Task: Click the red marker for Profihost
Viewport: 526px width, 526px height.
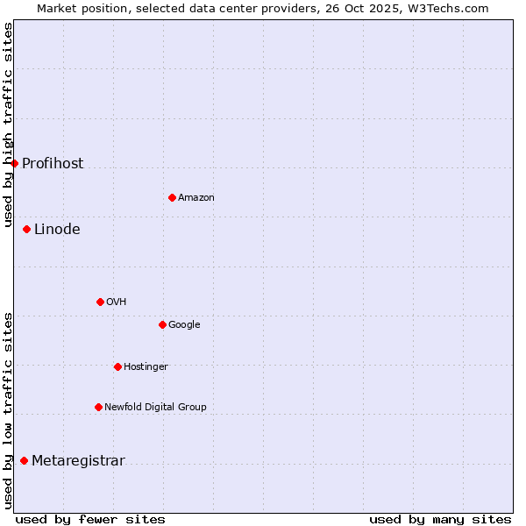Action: click(14, 163)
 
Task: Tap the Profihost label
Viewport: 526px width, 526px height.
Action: click(53, 164)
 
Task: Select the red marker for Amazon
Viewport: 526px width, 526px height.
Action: click(172, 197)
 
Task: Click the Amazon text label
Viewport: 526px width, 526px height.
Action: click(196, 198)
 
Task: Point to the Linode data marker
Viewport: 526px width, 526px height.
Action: click(26, 229)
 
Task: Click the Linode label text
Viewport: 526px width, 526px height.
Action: click(57, 230)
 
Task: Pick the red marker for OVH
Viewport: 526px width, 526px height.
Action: click(100, 302)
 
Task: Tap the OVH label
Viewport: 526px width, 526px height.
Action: click(117, 302)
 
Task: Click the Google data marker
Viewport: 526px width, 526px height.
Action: click(162, 324)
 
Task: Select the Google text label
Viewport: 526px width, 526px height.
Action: click(184, 325)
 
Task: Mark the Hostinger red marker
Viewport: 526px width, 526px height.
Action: click(117, 366)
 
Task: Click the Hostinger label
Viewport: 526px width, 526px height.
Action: click(146, 367)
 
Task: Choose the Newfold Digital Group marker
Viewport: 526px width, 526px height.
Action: click(98, 407)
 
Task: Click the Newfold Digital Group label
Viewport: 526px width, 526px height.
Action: click(155, 408)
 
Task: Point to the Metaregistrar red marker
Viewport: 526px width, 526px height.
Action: click(24, 460)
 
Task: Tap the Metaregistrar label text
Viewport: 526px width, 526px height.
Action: click(78, 461)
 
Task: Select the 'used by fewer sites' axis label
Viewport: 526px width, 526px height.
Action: click(90, 519)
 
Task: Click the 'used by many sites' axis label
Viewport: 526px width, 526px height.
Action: click(440, 519)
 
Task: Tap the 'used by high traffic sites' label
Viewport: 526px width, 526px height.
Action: click(8, 125)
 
